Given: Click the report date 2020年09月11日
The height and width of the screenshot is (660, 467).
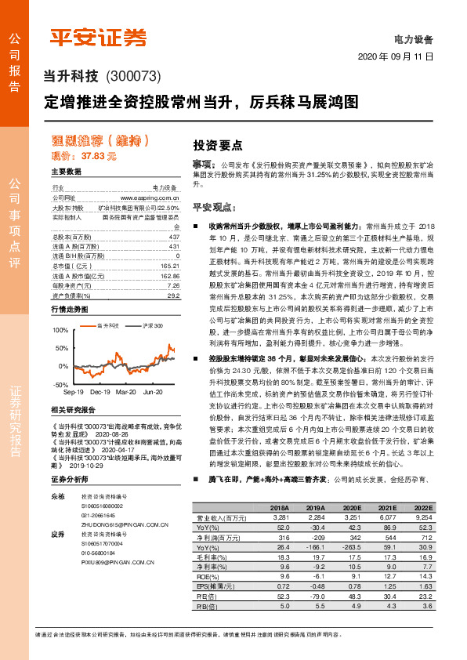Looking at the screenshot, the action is pos(396,57).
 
